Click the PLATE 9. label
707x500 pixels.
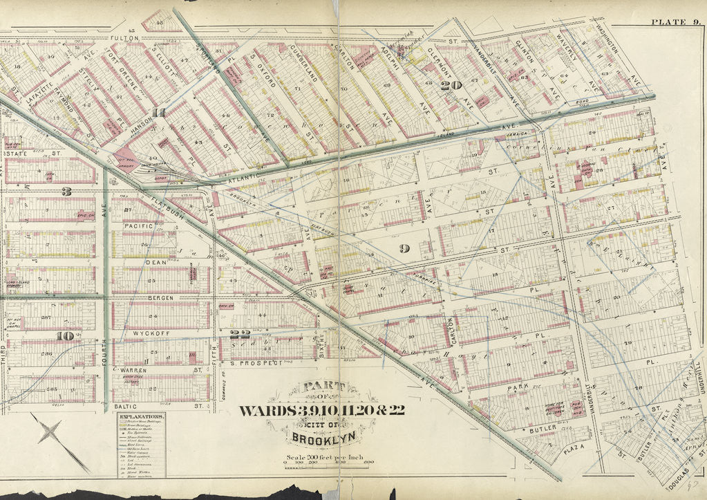(675, 22)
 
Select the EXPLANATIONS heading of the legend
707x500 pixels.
(140, 418)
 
